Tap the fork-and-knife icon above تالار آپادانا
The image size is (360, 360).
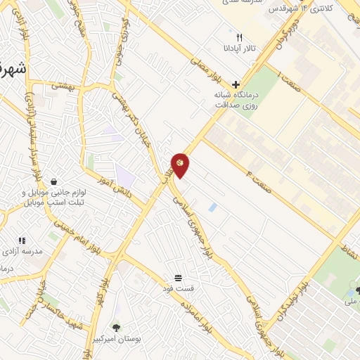[239, 37]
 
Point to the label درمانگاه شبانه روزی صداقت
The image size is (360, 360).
[237, 99]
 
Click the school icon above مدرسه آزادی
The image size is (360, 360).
[22, 240]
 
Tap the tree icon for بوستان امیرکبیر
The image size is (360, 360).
[117, 326]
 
